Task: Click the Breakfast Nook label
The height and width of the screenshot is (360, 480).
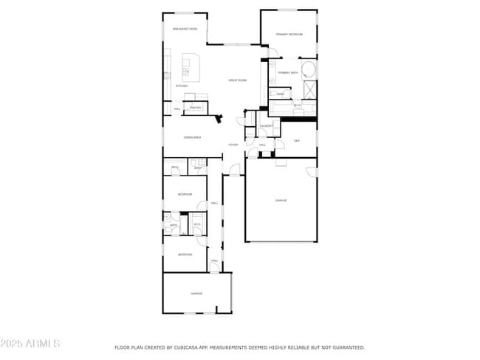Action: (185, 29)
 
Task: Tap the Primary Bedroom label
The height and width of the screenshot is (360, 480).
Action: (289, 34)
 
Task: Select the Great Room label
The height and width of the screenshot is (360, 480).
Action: (237, 80)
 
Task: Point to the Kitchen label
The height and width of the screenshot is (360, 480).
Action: (181, 86)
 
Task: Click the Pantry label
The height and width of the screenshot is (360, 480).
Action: (195, 108)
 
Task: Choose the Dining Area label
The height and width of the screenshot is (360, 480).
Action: (193, 137)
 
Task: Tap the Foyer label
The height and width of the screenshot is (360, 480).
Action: (233, 145)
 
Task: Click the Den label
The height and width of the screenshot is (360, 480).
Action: (297, 140)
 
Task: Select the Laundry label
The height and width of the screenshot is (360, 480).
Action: (267, 126)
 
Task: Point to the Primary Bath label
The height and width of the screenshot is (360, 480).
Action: (288, 72)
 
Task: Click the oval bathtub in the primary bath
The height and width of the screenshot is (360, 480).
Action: (310, 71)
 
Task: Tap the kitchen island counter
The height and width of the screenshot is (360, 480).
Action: (190, 68)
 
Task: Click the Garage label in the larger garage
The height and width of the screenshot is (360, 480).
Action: (281, 201)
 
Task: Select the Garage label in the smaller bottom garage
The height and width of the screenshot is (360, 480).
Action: (196, 294)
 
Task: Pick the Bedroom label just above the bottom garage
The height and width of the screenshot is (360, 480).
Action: (185, 255)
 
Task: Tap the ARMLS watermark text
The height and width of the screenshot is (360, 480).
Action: (30, 344)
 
